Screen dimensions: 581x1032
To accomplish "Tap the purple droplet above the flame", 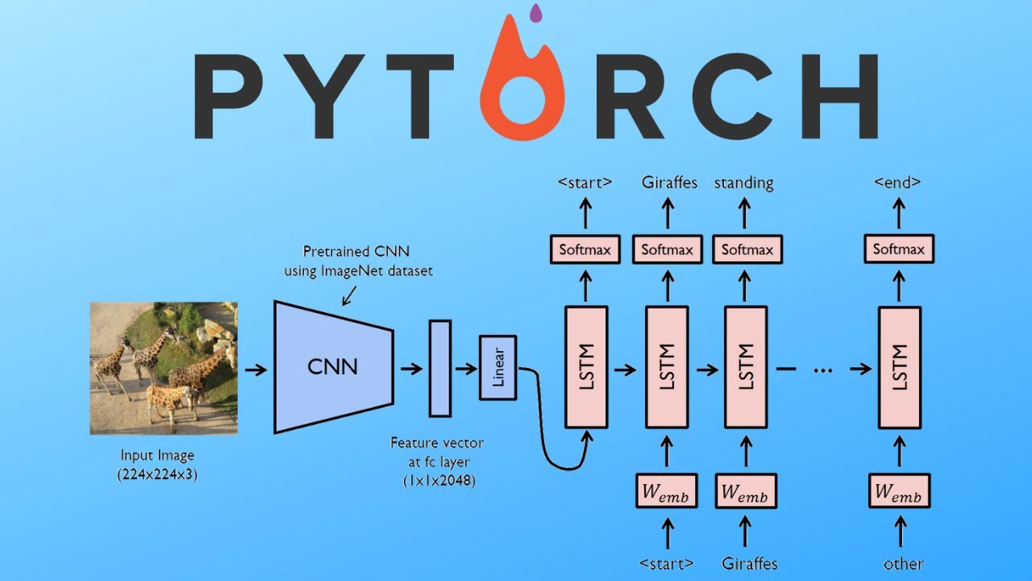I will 535,12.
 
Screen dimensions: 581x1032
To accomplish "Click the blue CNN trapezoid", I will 333,367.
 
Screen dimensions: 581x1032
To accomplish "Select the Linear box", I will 497,368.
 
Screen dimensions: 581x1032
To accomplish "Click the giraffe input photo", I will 163,368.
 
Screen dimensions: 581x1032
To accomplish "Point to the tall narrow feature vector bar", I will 439,368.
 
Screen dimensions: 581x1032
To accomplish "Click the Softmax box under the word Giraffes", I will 667,249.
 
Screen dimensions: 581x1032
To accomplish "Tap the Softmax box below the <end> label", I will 898,249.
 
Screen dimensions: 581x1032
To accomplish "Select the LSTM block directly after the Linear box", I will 586,366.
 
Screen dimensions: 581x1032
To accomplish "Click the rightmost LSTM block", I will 898,366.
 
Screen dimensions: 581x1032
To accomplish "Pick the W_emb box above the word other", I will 898,491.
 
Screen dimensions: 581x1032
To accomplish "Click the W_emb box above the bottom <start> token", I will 667,491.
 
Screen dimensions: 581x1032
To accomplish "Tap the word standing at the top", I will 743,182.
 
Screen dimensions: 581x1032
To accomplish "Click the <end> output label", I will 897,182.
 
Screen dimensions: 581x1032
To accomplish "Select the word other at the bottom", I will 903,563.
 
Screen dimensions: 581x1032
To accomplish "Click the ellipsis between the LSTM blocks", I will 822,370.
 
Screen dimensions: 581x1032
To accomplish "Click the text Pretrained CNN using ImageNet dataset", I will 358,261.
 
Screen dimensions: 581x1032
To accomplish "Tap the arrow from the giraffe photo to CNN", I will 256,369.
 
